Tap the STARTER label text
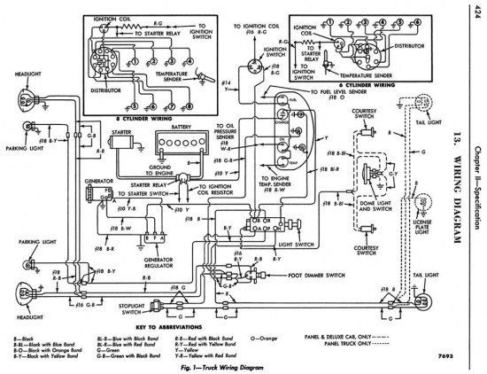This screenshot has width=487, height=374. tap(121, 132)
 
